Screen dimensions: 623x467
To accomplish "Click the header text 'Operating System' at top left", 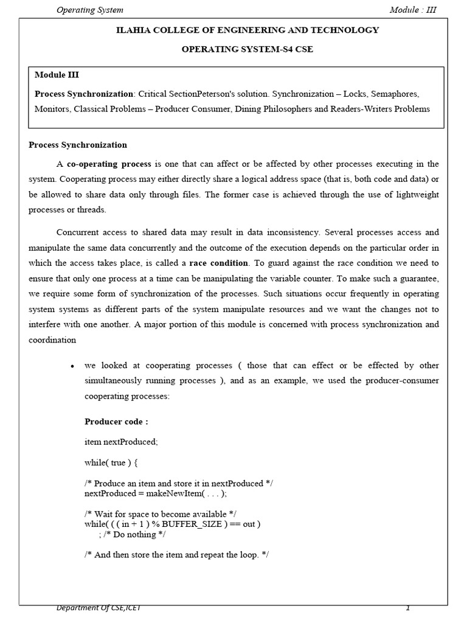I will (x=89, y=10).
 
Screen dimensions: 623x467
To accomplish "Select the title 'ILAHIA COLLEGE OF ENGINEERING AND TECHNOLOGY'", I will (x=247, y=30).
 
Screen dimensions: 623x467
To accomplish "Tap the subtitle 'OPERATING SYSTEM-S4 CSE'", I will (x=247, y=49).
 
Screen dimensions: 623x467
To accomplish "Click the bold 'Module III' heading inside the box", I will (x=57, y=75).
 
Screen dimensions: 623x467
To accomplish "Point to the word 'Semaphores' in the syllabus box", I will (x=398, y=94).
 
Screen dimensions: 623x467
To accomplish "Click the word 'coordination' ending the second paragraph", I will (x=52, y=339).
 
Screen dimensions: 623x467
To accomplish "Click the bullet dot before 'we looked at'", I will (x=72, y=367).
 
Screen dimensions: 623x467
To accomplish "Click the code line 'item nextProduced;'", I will (x=122, y=442).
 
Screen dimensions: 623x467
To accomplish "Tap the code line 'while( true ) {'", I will (x=112, y=462).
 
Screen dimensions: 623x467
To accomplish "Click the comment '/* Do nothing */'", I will (x=134, y=534).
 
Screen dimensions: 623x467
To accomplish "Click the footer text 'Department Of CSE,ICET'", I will (x=99, y=608).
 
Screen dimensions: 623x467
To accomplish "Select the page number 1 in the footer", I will (x=408, y=608).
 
